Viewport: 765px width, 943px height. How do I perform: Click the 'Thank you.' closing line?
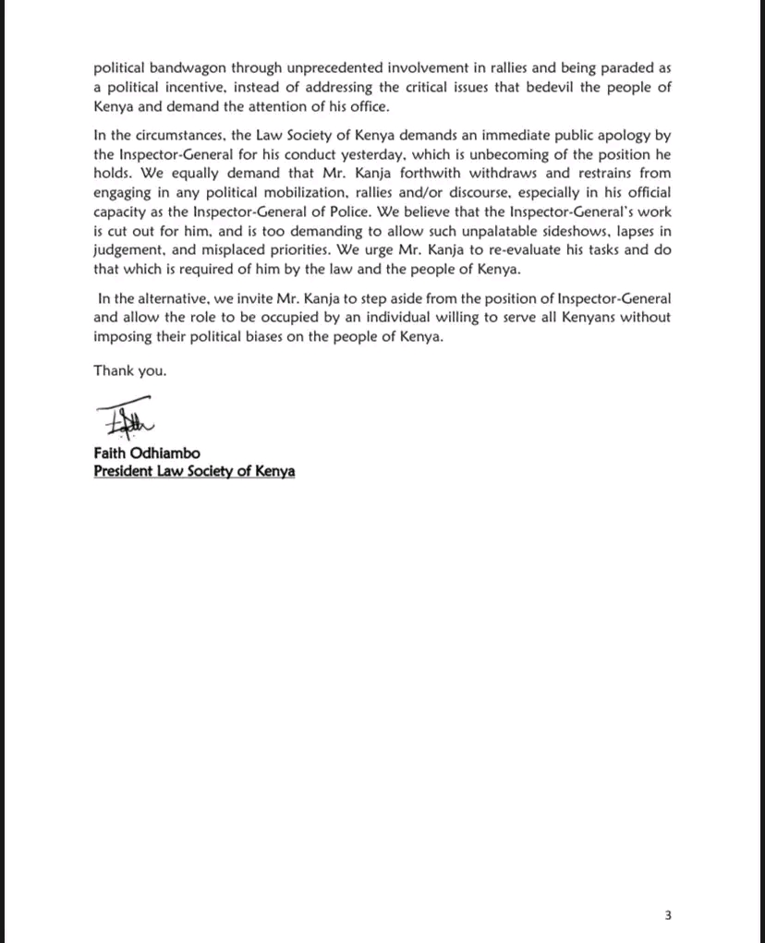(x=129, y=371)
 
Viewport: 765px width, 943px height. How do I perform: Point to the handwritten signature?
(x=124, y=418)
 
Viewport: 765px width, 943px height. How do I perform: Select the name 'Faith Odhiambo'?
(x=146, y=453)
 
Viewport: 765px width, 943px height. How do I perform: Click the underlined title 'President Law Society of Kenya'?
(x=194, y=471)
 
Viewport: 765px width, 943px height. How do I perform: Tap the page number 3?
(x=668, y=916)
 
